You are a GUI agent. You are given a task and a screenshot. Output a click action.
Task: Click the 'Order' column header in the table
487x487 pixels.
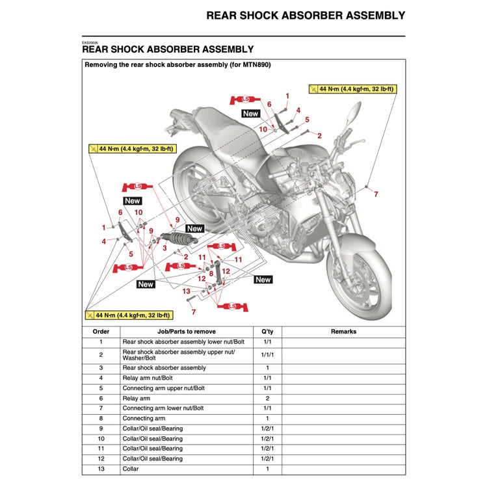101,332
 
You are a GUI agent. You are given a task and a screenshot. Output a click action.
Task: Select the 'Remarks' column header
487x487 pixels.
343,332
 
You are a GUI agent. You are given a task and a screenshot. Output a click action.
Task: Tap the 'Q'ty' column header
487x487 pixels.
267,332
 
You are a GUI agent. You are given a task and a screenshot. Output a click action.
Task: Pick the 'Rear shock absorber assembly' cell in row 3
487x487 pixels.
164,368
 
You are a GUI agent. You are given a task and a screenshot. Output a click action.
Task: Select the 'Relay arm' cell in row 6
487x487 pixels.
136,399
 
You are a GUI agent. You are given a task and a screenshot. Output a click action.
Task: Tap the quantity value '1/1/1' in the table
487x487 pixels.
267,355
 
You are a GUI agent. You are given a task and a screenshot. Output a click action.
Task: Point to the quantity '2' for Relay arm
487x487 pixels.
267,399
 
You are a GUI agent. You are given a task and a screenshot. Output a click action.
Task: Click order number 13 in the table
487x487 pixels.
101,469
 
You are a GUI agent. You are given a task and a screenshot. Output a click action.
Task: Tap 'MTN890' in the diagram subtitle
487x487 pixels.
256,65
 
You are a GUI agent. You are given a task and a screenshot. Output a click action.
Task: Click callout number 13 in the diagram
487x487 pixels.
186,291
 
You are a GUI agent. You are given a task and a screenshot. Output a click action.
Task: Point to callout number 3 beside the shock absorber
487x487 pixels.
165,248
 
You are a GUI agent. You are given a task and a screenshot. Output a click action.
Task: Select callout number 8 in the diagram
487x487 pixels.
211,274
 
